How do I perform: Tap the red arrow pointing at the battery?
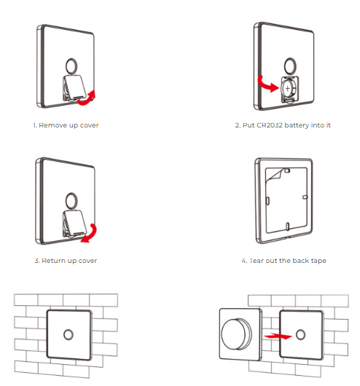267,85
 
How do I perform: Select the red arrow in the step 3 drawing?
90,235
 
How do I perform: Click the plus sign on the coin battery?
288,88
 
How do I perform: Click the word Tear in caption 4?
257,261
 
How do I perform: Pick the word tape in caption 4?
318,261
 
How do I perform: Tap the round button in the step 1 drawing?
71,66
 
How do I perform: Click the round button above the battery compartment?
290,66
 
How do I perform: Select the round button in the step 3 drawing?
71,200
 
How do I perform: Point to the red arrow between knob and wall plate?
278,336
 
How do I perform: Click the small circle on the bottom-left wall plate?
69,335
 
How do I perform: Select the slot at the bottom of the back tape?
288,227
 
